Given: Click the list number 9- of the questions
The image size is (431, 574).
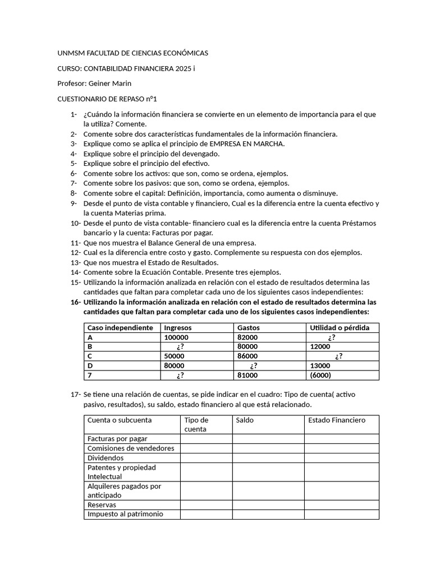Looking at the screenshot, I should (x=74, y=203).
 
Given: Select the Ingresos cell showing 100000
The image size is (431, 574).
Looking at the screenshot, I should (x=176, y=337).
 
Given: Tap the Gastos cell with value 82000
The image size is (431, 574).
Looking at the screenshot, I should (x=247, y=337).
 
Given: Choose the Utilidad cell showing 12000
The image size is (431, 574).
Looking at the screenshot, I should (x=320, y=347).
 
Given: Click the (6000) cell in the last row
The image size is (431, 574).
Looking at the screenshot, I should (x=320, y=376).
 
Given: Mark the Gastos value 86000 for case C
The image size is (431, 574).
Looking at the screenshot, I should (x=247, y=357).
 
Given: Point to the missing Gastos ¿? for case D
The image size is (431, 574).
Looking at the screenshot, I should (x=254, y=366).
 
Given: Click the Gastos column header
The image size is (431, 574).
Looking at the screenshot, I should (x=249, y=328).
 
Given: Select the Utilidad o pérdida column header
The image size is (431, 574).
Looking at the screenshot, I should (x=340, y=328).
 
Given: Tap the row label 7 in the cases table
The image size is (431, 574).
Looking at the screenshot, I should (x=89, y=376).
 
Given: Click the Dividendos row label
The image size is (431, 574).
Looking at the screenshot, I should (x=105, y=458).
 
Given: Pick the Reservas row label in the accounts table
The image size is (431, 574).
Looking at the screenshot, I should (x=102, y=505).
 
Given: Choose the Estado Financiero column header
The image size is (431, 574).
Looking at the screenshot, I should (x=337, y=420).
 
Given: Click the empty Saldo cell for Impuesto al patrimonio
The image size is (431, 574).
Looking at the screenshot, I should (x=268, y=514).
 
